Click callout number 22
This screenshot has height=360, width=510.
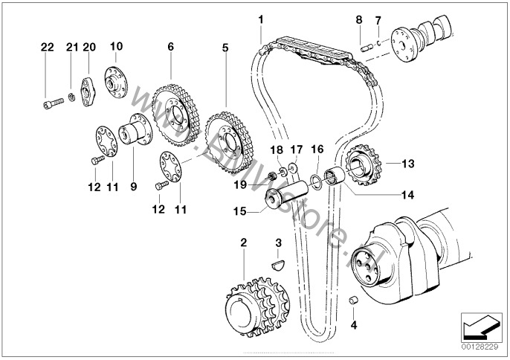tap(47, 47)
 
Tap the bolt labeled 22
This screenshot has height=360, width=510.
tap(53, 103)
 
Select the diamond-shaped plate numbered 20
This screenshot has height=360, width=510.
tap(88, 91)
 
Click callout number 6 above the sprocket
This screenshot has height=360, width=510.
tap(171, 47)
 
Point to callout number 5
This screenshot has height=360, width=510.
tap(225, 48)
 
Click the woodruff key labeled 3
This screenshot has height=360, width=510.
tap(278, 264)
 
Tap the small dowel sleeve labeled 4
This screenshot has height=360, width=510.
tap(353, 300)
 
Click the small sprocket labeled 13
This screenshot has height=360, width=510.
tap(364, 165)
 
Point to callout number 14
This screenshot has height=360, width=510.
tap(407, 195)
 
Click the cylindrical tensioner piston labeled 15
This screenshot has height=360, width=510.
tap(286, 196)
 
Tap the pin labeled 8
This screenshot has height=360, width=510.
tap(367, 49)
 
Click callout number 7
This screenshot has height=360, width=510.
tap(378, 21)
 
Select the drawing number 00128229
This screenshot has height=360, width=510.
tap(480, 347)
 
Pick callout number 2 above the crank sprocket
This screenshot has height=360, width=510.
tap(244, 242)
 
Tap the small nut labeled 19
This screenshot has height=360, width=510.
tap(273, 176)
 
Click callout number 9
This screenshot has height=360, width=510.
tap(134, 187)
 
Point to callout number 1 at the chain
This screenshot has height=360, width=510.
tap(260, 20)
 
